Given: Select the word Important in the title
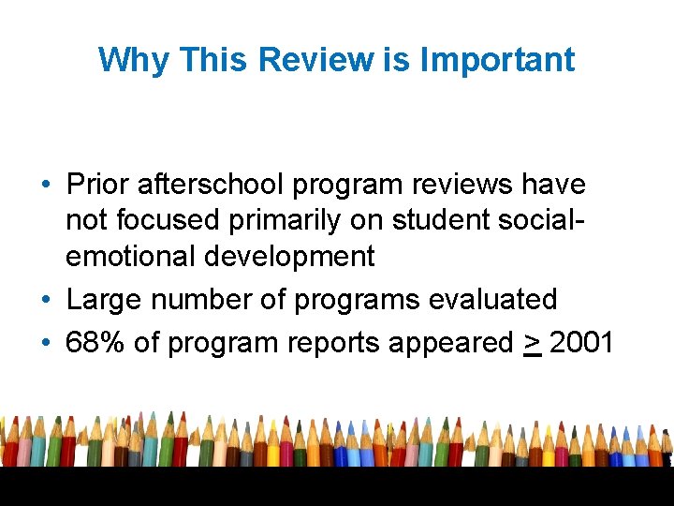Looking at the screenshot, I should (497, 60).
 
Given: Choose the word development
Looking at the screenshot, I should (296, 257).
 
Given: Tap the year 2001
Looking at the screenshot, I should (581, 342).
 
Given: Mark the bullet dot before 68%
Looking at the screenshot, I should (46, 342).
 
